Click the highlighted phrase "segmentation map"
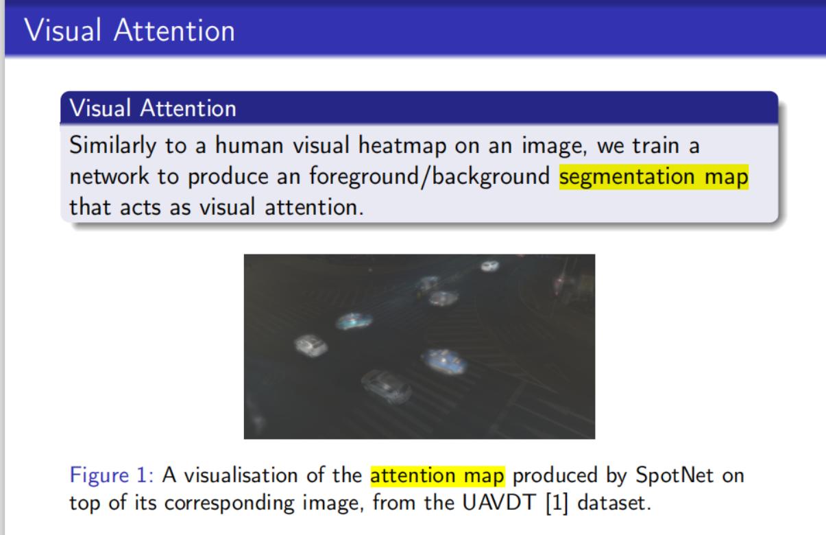653,176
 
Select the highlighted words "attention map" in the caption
437,475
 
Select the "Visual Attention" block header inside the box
153,108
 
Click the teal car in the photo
354,320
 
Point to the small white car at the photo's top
489,265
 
